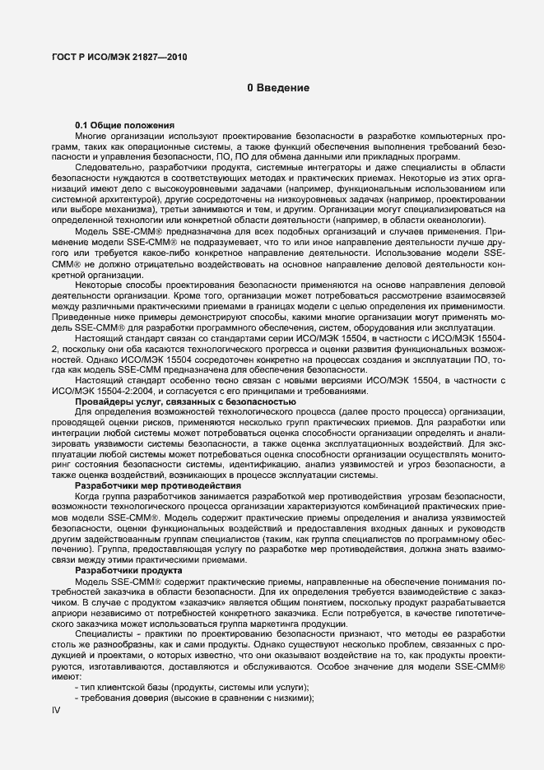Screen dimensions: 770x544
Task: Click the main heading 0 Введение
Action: [278, 87]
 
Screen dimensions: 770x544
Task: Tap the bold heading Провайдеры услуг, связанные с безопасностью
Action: [185, 401]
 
